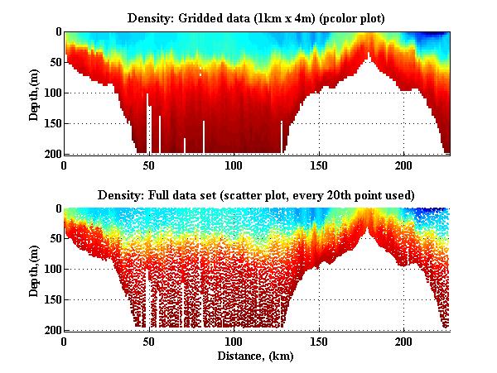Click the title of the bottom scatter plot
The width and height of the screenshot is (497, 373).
(256, 194)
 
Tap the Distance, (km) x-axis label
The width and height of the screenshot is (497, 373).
(257, 357)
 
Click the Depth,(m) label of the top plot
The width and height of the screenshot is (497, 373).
(34, 93)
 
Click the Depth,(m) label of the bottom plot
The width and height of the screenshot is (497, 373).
(34, 270)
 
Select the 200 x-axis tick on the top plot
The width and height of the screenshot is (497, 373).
(404, 165)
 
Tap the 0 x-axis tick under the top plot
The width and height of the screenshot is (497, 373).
(64, 165)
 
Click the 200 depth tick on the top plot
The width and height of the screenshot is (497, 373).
(51, 154)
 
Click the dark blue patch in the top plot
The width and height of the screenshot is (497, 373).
(431, 35)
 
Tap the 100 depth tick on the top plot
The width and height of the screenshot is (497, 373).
(51, 93)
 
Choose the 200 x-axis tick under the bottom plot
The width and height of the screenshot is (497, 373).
(404, 342)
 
